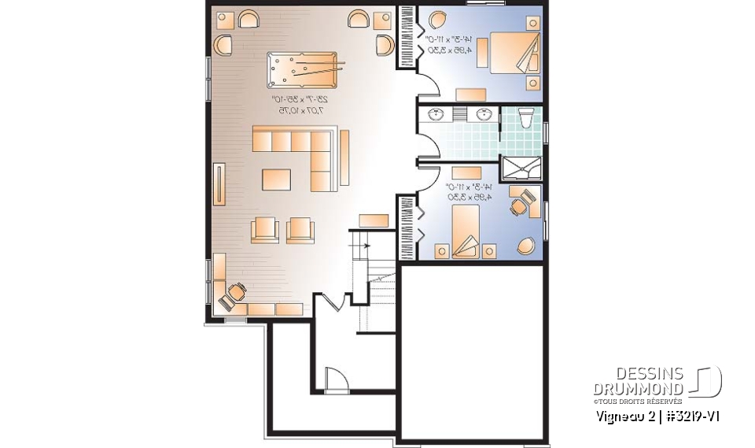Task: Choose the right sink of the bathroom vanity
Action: pyautogui.click(x=484, y=115)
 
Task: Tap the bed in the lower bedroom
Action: pyautogui.click(x=467, y=231)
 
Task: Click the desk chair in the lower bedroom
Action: pyautogui.click(x=520, y=205)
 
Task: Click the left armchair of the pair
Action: pyautogui.click(x=264, y=229)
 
